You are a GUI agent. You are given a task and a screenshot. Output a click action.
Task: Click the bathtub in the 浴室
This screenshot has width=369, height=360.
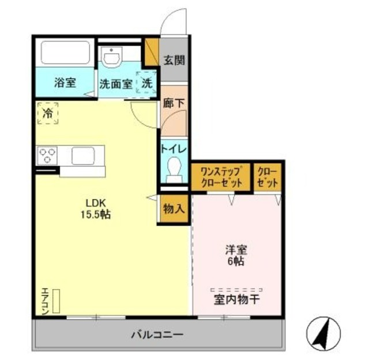(x=65, y=52)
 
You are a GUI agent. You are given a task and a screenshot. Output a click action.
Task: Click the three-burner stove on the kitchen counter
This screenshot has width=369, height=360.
(x=47, y=156)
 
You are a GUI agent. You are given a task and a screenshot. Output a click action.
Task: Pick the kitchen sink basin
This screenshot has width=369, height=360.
(x=83, y=156)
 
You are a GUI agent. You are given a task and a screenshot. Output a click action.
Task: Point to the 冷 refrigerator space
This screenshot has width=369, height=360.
(x=48, y=113)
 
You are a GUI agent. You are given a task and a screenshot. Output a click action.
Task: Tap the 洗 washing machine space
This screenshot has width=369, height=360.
(x=146, y=82)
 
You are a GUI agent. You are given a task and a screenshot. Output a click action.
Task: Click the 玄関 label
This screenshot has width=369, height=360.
(x=174, y=60)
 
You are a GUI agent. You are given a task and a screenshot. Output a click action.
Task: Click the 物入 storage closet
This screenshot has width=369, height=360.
(x=174, y=209)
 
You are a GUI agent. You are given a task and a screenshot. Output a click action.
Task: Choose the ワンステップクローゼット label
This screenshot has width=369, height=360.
(x=221, y=177)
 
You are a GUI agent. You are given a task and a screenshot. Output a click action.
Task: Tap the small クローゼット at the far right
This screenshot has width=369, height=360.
(x=268, y=177)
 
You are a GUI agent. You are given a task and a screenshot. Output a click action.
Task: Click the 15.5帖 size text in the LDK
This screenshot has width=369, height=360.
(x=96, y=215)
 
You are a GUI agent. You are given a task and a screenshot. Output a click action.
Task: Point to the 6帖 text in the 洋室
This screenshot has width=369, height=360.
(x=236, y=261)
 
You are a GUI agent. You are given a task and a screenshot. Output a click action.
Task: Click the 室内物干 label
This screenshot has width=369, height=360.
(x=237, y=300)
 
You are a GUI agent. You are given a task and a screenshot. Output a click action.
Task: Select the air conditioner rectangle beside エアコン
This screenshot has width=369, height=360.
(x=56, y=301)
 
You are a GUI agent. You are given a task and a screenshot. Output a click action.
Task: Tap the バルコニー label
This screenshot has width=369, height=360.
(x=157, y=335)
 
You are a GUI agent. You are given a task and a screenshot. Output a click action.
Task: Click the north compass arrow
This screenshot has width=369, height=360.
(x=323, y=335)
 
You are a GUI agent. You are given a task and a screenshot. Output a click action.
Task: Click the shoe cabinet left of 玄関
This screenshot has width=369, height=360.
(x=152, y=52)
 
